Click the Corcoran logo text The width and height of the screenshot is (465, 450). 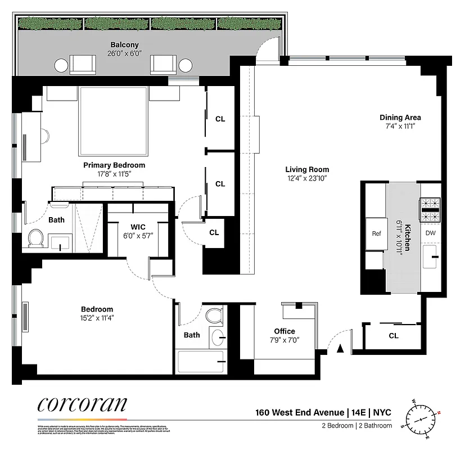82,405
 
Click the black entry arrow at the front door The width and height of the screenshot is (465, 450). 340,349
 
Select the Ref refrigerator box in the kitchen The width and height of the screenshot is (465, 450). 376,233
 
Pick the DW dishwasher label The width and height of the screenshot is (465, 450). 430,233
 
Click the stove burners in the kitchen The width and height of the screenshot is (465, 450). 430,210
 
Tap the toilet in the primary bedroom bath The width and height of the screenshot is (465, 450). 35,238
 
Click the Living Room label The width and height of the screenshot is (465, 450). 307,169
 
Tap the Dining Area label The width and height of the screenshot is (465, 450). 400,118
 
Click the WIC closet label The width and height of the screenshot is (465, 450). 138,226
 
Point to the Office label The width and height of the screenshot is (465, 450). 285,331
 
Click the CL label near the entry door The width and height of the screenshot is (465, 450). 393,336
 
